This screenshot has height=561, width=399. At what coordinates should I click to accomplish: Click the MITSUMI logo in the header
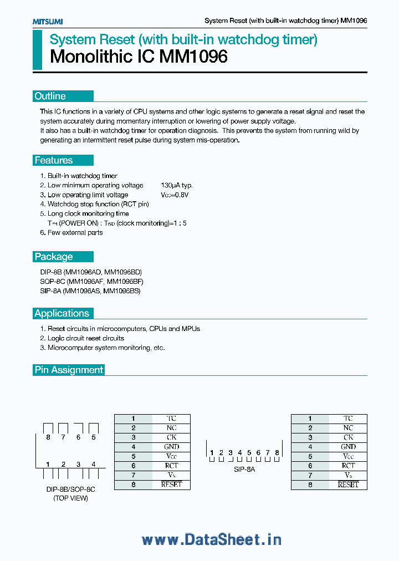pos(47,21)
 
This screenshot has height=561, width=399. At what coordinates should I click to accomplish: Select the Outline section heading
pos(50,96)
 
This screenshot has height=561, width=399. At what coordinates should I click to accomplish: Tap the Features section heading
pos(53,160)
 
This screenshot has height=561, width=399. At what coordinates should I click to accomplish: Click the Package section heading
pos(53,257)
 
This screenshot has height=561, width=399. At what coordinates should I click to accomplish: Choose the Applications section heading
pos(62,313)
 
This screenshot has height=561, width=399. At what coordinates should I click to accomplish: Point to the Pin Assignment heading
pos(69,370)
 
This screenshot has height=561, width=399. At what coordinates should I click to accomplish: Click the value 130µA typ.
pos(177,185)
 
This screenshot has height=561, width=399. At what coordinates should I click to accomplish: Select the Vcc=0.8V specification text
pos(175,195)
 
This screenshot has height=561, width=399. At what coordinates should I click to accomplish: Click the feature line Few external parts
pos(75,233)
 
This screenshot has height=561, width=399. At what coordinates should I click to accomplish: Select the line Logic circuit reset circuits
pos(85,338)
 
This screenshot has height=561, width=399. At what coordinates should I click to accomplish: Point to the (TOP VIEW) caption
pos(70,498)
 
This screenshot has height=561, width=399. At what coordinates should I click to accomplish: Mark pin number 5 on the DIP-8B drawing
pos(94,437)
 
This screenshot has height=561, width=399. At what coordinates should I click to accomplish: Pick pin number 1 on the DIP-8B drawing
pos(48,464)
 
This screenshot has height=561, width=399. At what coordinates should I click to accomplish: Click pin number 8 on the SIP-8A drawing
pos(277,453)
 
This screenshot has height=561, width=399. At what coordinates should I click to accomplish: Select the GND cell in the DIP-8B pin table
pos(171,447)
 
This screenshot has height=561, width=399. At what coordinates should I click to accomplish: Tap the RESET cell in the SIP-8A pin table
pos(348,484)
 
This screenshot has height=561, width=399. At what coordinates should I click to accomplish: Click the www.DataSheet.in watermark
pos(211,539)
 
